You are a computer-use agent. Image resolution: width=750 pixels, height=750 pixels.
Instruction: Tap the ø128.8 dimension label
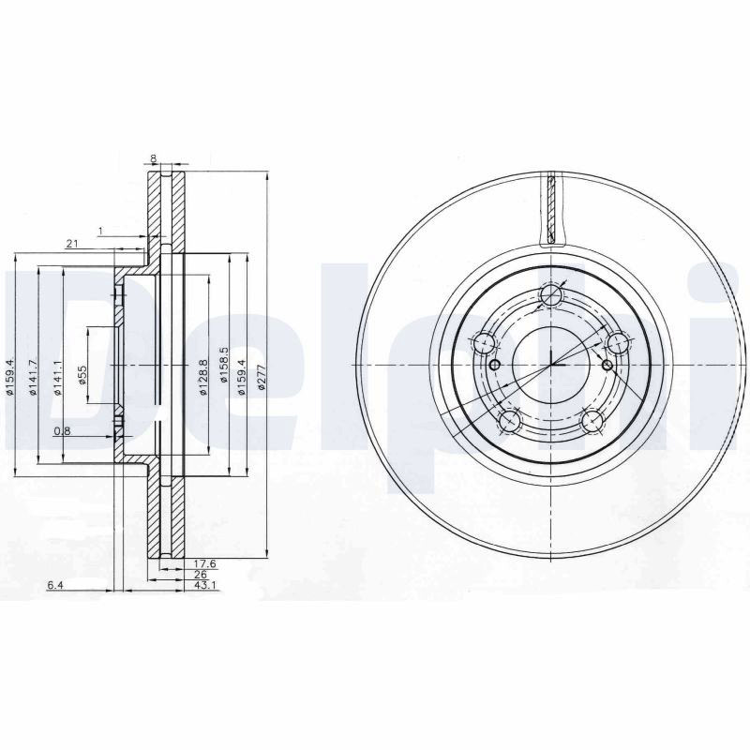(202, 378)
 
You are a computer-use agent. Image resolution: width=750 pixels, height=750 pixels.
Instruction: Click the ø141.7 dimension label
(33, 378)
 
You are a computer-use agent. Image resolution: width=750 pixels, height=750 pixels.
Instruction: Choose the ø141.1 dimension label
(57, 378)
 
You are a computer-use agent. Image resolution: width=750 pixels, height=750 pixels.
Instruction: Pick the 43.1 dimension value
(204, 584)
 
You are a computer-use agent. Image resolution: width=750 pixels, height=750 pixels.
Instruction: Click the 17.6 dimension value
(204, 564)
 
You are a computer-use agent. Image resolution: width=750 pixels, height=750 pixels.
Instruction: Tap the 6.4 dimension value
(55, 584)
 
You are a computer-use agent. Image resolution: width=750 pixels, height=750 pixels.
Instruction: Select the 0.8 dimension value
(62, 431)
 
